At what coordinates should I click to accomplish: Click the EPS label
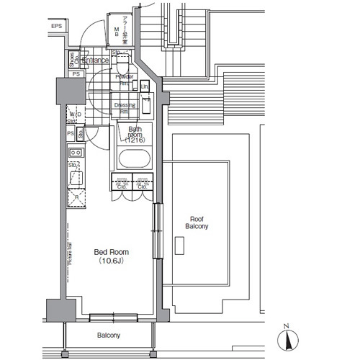point(57,27)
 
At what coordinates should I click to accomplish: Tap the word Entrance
point(95,60)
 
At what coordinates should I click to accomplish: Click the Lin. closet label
point(145,86)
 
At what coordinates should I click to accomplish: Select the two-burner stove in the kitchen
point(76,153)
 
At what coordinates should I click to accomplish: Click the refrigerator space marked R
point(76,197)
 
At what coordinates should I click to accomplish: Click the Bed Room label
point(112,253)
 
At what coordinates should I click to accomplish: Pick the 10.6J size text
point(112,262)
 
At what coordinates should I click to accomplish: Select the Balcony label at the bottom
point(109,336)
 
